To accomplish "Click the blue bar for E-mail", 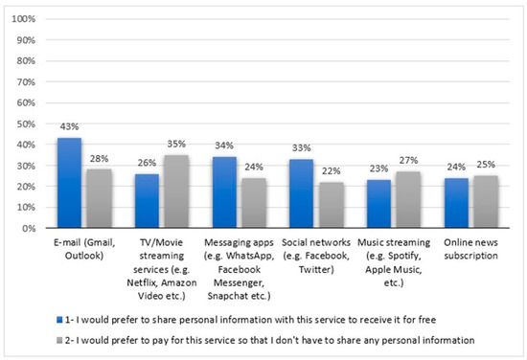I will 69,183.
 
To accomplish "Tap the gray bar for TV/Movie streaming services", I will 178,191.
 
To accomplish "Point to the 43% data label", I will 69,129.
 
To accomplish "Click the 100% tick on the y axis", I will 26,19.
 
